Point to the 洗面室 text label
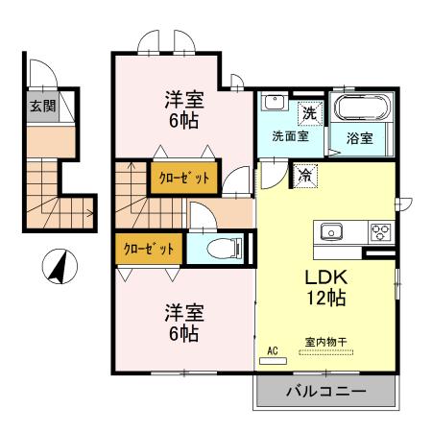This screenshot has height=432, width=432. [290, 137]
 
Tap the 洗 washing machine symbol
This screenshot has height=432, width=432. [309, 113]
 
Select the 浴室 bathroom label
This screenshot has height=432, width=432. [360, 137]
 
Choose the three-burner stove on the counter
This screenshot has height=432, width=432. [381, 231]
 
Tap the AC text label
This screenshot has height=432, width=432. [273, 350]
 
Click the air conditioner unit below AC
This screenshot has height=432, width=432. [273, 361]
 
